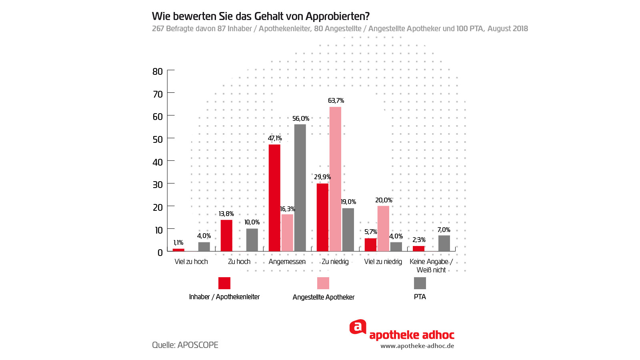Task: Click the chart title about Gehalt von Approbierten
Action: [x=260, y=16]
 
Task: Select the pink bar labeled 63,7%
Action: [x=335, y=179]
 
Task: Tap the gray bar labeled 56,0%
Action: [x=300, y=188]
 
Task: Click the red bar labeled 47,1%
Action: [x=274, y=198]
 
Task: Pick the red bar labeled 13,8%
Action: [x=226, y=236]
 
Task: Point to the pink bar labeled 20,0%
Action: [x=383, y=228]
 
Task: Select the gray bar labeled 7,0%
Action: [x=444, y=243]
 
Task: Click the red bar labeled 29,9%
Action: [x=322, y=217]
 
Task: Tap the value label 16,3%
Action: [x=287, y=209]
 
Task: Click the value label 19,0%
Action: [x=348, y=202]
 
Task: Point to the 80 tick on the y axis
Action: [x=158, y=72]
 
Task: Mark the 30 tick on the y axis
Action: [x=158, y=185]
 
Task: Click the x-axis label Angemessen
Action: [x=287, y=262]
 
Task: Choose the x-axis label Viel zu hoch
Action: [x=191, y=262]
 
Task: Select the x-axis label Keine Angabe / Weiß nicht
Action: [x=431, y=266]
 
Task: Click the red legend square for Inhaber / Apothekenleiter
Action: [x=224, y=283]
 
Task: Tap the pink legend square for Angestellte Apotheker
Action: [x=323, y=283]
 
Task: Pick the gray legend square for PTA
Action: [x=420, y=283]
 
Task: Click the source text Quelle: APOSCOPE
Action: [x=185, y=345]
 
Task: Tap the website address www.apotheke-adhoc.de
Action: [x=417, y=346]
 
